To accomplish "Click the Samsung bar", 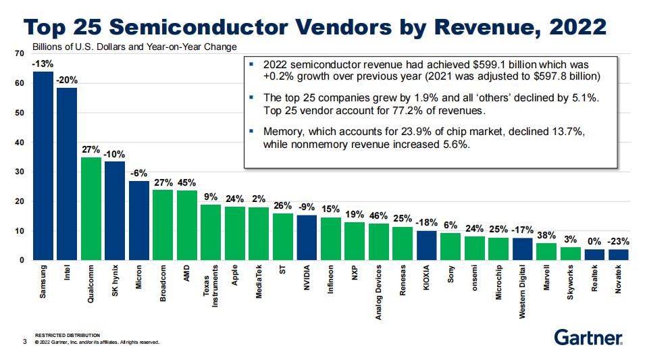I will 43,165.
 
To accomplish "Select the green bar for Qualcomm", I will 91,209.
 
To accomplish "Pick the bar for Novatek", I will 619,255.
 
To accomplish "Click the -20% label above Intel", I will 67,80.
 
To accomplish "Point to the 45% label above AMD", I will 186,182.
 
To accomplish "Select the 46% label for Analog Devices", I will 378,216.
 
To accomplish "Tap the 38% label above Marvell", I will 546,236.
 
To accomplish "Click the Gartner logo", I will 588,336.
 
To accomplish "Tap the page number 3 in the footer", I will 24,342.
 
